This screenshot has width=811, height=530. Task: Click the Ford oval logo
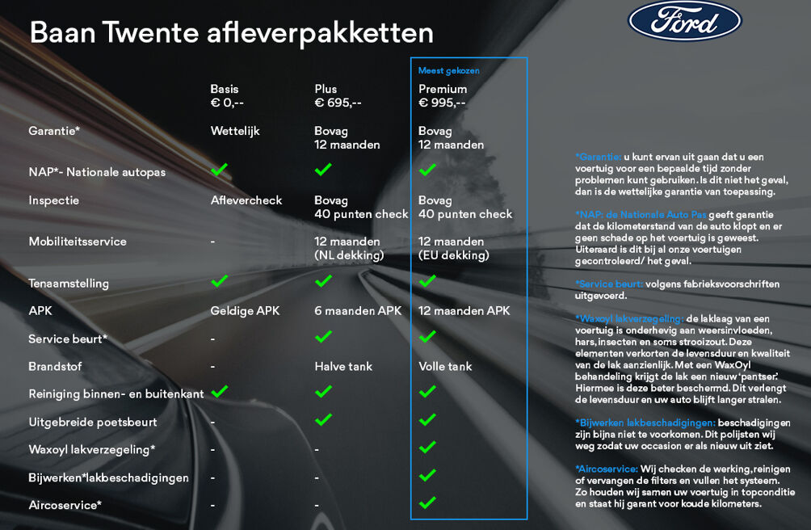click(x=684, y=22)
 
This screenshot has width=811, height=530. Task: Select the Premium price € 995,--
click(x=441, y=103)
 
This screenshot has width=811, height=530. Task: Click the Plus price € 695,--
click(x=338, y=103)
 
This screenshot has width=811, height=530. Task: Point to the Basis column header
click(x=225, y=89)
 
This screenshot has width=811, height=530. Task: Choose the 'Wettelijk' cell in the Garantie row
click(x=235, y=131)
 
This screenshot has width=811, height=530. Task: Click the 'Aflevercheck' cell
click(x=246, y=200)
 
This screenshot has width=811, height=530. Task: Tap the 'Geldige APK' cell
click(x=245, y=311)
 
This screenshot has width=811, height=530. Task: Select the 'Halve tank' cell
click(x=343, y=367)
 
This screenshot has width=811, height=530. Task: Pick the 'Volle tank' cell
click(x=445, y=367)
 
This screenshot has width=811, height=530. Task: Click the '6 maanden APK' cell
click(x=358, y=311)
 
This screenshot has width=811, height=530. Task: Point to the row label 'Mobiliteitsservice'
click(x=78, y=242)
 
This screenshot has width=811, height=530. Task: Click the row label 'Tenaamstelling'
click(x=69, y=284)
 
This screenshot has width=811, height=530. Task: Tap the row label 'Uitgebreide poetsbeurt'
click(x=93, y=423)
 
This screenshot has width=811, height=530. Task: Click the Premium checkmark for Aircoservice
click(x=427, y=503)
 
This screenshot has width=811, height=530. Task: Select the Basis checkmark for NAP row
click(x=219, y=170)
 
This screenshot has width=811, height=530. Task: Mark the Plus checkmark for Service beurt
click(x=323, y=336)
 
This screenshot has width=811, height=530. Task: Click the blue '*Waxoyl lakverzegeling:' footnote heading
click(x=629, y=318)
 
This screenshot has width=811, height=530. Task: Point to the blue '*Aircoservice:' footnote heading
click(x=607, y=469)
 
